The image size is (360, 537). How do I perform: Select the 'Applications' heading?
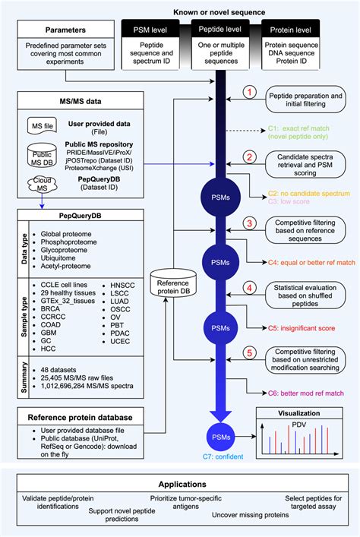coord(181,484)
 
